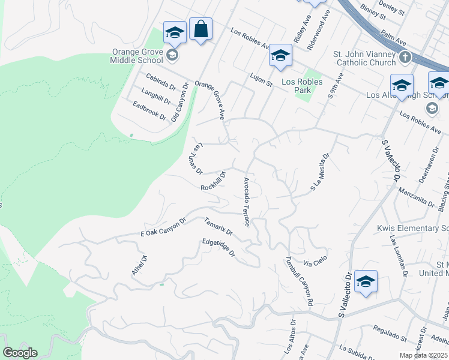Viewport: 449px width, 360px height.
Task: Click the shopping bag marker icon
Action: click(200, 28)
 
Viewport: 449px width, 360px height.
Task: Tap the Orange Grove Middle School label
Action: click(137, 56)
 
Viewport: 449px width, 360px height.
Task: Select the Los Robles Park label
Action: click(302, 86)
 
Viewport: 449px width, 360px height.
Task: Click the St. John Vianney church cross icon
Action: click(405, 58)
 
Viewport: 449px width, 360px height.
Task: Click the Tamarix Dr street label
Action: click(218, 229)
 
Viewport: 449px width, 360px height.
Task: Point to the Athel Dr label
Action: click(139, 265)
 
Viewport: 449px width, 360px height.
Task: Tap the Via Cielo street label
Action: click(315, 260)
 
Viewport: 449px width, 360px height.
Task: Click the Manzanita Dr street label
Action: click(416, 197)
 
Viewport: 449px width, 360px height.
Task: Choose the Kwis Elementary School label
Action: click(412, 228)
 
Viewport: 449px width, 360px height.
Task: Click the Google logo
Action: click(20, 353)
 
